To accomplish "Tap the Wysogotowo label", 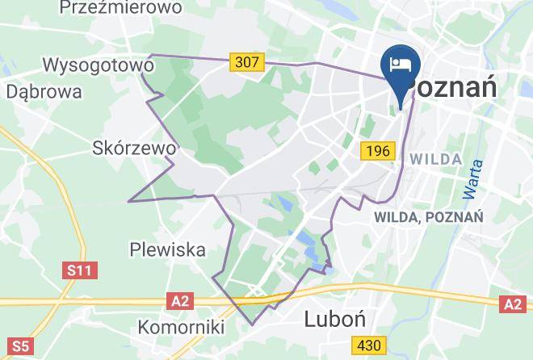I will coord(98,65).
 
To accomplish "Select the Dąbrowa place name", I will coord(44,91).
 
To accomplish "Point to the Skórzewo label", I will coord(134,149).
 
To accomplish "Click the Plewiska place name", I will coord(168,249).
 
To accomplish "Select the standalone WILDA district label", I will coord(435,159).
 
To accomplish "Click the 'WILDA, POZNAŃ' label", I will coord(428,217).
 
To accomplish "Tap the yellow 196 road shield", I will coord(376,150).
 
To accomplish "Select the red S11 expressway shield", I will coord(80,270).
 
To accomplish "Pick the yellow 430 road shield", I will coord(368,345).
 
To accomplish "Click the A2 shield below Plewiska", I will coord(182,301).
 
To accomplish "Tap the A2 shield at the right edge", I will coord(512,303).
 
